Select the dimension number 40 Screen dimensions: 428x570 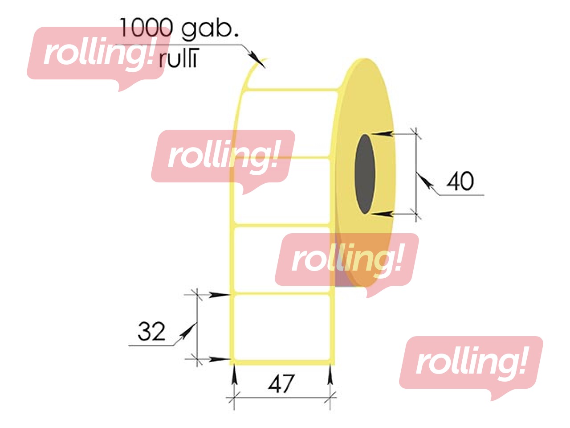460,181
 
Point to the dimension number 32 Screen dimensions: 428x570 151,331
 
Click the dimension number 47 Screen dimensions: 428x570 281,384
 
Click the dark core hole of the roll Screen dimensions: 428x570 365,173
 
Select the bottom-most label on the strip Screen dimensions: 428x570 282,326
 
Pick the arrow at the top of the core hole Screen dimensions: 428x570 383,133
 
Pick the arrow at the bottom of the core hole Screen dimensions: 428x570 383,214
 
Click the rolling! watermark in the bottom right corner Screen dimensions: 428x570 471,363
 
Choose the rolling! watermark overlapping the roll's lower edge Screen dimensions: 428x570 347,260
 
